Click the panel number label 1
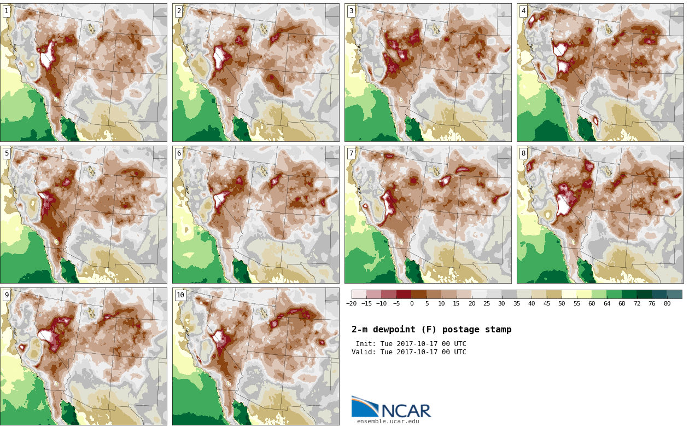click(7, 11)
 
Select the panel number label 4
click(523, 11)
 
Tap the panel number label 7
click(351, 153)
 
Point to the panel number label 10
click(180, 295)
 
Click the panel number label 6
click(179, 153)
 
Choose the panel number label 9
click(7, 295)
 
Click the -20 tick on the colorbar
click(351, 303)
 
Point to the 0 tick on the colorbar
click(412, 303)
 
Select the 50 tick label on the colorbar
click(562, 303)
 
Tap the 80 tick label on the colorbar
click(667, 303)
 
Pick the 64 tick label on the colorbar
click(607, 303)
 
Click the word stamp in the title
click(498, 330)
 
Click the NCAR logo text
click(406, 411)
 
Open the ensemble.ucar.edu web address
click(388, 421)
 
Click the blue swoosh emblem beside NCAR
click(365, 406)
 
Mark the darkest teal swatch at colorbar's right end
click(675, 294)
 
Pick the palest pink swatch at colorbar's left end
click(359, 294)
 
